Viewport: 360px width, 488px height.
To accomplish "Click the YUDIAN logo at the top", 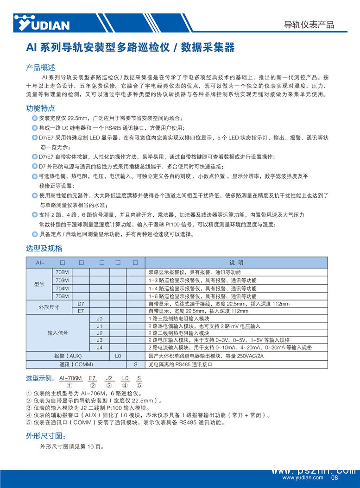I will [x=42, y=23].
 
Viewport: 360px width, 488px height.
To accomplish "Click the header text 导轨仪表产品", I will [x=309, y=25].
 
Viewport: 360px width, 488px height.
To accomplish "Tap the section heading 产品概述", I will [x=40, y=68].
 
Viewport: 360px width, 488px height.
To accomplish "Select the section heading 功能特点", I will [x=40, y=108].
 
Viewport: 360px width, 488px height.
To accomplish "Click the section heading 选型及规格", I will [x=44, y=249].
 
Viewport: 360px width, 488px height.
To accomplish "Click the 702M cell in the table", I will [x=62, y=272].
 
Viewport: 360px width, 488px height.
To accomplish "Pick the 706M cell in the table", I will [x=62, y=296].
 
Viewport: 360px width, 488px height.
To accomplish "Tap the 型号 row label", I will [x=39, y=284].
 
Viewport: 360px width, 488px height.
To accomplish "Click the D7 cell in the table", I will [x=81, y=304].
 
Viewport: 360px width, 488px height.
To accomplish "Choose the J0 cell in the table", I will [x=99, y=319].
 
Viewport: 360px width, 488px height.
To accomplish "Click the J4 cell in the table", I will [x=99, y=347].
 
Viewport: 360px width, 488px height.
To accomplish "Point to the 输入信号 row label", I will [x=57, y=333].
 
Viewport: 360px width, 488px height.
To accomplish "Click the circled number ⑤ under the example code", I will [x=139, y=385].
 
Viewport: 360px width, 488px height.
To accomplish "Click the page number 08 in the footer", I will [x=335, y=478].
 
